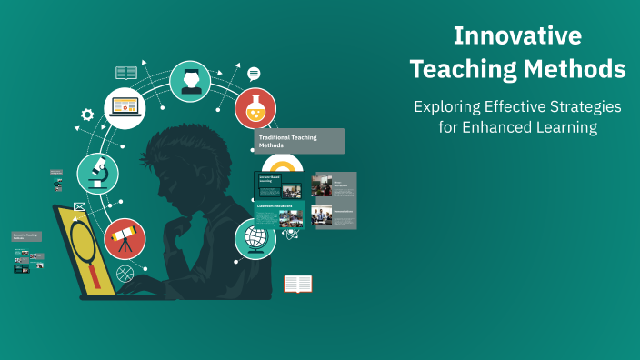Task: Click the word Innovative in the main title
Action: click(x=517, y=36)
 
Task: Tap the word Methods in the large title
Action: click(x=579, y=69)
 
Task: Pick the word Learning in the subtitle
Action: click(x=567, y=128)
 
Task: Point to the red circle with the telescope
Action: click(x=125, y=239)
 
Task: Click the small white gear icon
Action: click(x=87, y=115)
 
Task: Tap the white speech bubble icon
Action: click(x=254, y=74)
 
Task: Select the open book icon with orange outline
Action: click(x=297, y=285)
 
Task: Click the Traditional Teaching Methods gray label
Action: click(x=299, y=141)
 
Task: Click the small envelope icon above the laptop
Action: click(x=79, y=207)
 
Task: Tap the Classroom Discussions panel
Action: click(x=279, y=215)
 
